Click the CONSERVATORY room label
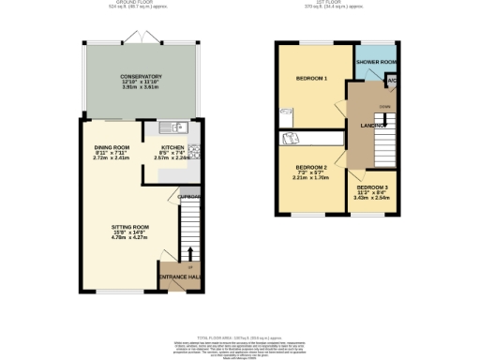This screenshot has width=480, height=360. pyautogui.click(x=141, y=77)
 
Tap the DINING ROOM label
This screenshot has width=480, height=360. pyautogui.click(x=112, y=147)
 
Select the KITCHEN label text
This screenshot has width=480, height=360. pyautogui.click(x=172, y=147)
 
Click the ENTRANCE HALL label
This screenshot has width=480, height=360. pyautogui.click(x=180, y=277)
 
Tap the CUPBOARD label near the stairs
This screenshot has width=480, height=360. pyautogui.click(x=190, y=197)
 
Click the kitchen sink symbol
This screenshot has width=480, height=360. pyautogui.click(x=168, y=127)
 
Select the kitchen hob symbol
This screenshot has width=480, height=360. pyautogui.click(x=195, y=151)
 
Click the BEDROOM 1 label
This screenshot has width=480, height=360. pyautogui.click(x=311, y=78)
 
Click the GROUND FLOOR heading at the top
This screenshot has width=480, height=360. pyautogui.click(x=141, y=3)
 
